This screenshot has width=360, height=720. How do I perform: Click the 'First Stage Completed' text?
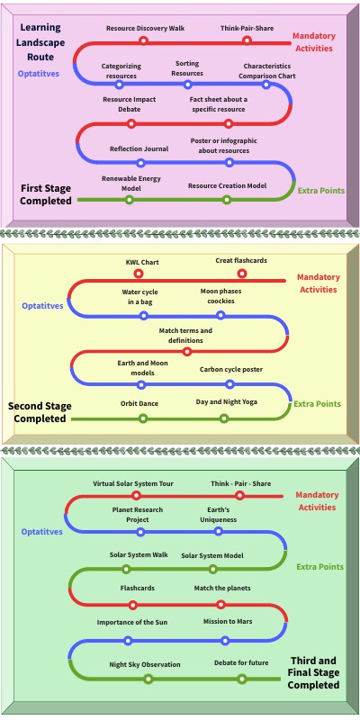tap(46, 194)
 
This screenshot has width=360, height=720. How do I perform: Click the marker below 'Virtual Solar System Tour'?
tap(136, 495)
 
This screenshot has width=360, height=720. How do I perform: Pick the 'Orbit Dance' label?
tap(139, 403)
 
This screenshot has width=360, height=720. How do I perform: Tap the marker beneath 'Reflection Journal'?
tap(140, 163)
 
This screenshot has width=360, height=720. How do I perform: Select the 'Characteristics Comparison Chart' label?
tap(268, 71)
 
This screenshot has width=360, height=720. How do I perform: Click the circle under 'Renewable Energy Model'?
tap(130, 199)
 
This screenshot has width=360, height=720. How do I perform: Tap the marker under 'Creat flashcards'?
tap(241, 274)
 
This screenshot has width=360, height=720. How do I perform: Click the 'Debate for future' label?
tap(240, 664)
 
